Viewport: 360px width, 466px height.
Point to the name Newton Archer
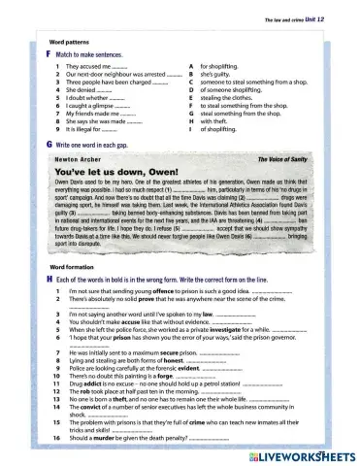pos(79,155)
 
